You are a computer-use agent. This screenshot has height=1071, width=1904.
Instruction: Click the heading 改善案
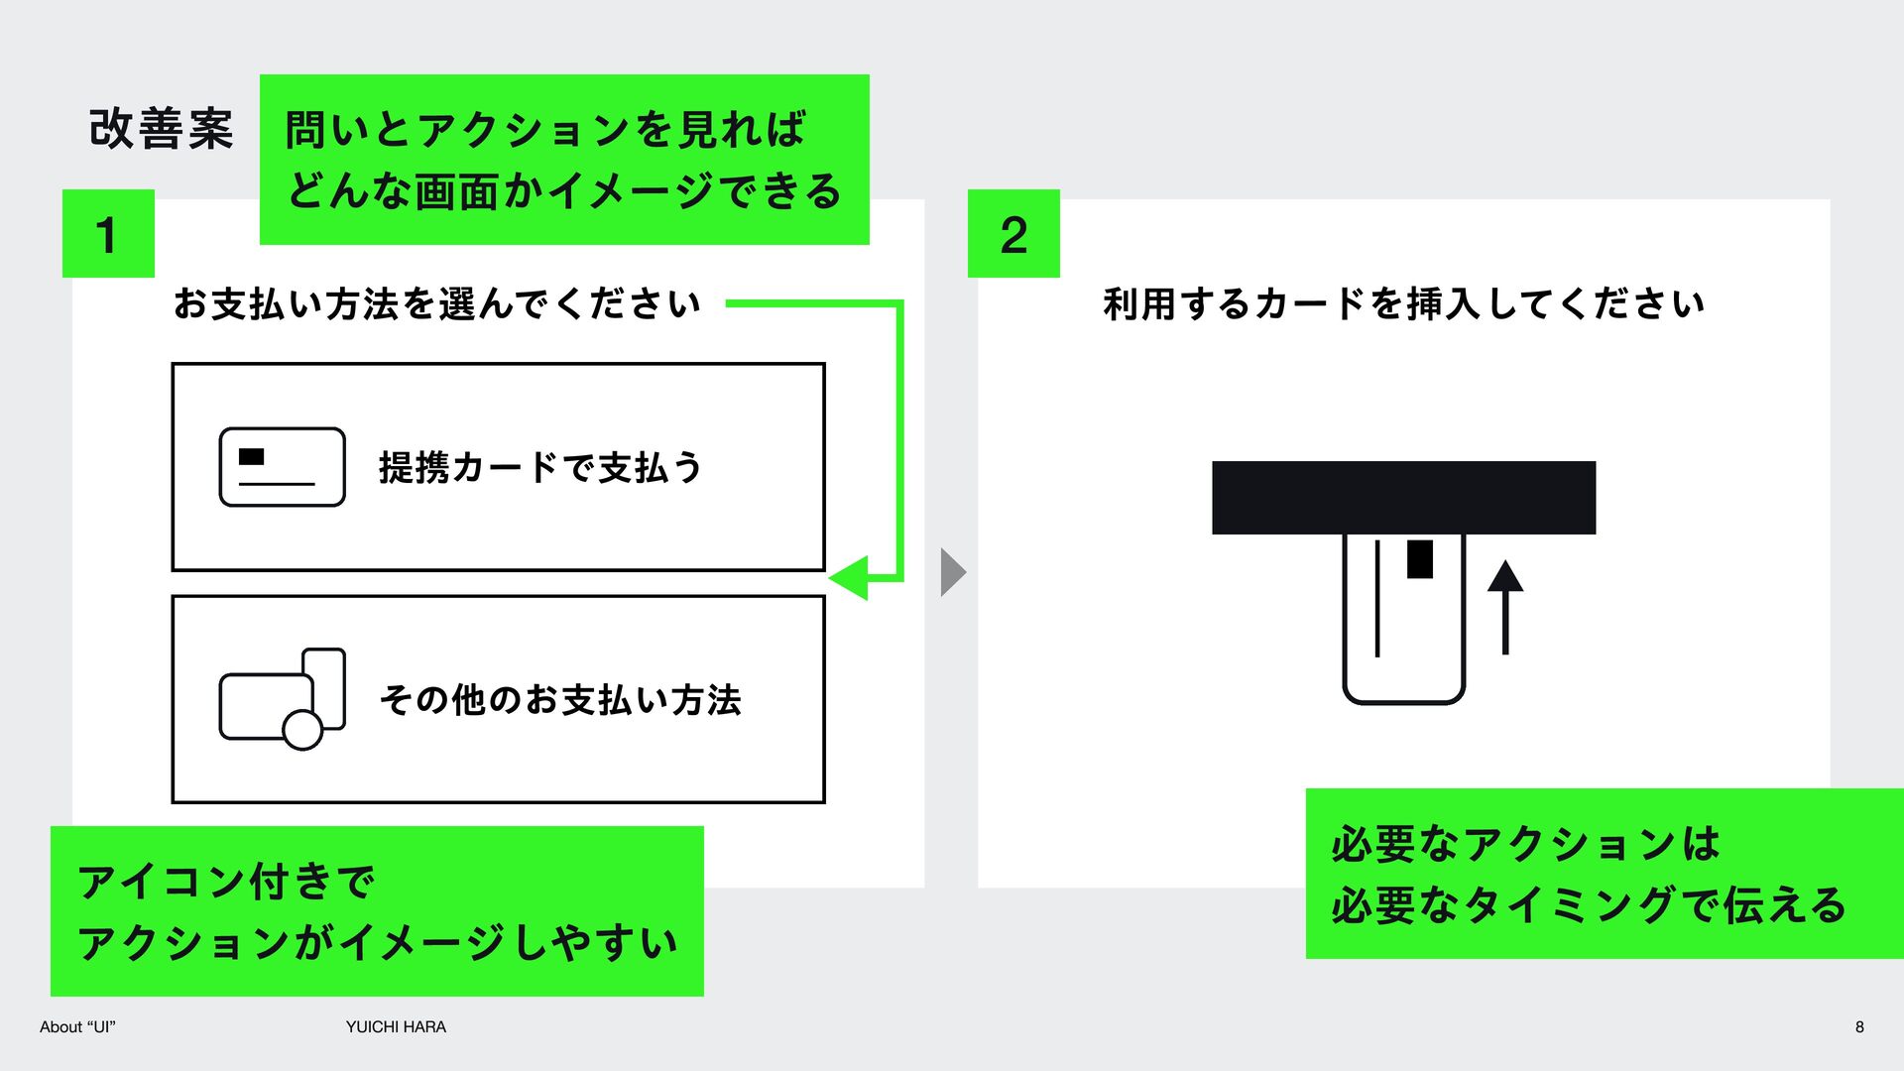(x=162, y=129)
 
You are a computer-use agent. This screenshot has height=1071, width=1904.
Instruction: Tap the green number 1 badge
(x=108, y=233)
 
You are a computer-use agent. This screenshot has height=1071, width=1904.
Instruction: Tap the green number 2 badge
(x=1013, y=233)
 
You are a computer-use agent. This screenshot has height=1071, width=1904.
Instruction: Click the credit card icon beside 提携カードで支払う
(x=283, y=467)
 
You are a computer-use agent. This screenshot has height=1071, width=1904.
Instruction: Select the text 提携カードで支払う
(x=540, y=467)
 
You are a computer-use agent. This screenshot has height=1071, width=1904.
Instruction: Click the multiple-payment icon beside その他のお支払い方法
(x=283, y=699)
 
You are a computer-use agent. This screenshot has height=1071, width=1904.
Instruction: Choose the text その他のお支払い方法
(x=560, y=700)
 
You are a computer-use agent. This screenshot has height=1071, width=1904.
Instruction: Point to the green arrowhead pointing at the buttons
(x=849, y=577)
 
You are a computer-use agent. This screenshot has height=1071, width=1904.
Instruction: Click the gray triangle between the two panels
(x=953, y=572)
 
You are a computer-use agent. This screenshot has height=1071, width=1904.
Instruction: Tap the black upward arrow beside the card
(x=1505, y=607)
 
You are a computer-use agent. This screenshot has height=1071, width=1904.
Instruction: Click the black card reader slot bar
(x=1403, y=498)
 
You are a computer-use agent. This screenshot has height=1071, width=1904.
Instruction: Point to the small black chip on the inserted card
(x=1420, y=559)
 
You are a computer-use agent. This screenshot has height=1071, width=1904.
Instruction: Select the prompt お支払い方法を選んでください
(x=437, y=303)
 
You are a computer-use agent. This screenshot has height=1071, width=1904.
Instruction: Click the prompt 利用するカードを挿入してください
(x=1404, y=303)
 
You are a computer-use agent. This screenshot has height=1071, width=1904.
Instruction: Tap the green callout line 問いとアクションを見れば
(x=545, y=130)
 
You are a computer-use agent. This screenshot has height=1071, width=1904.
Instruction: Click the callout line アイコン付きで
(x=226, y=881)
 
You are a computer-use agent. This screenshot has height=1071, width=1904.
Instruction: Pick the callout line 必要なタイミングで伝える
(x=1589, y=904)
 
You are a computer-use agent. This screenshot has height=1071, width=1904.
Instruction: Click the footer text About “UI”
(x=77, y=1027)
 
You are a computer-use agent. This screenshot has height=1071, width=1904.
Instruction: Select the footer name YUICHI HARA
(x=396, y=1027)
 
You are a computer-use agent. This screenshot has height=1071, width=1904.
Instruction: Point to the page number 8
(x=1859, y=1027)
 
